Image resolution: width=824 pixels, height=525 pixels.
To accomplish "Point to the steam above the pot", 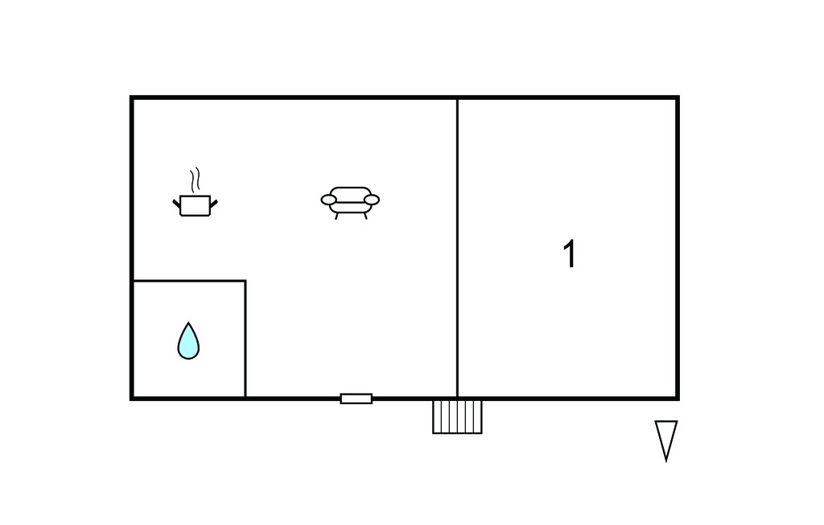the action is (x=196, y=180).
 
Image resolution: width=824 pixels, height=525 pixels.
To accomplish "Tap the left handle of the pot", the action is (x=176, y=203).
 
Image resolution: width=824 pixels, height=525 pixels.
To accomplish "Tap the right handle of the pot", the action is (x=214, y=203).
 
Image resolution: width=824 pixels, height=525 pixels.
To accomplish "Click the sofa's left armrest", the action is (x=329, y=200).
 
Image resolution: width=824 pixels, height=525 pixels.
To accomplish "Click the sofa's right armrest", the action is (x=372, y=200).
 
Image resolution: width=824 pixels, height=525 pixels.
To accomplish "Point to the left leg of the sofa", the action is (x=337, y=216).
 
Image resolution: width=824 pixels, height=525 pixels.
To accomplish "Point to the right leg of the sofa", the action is (x=365, y=216).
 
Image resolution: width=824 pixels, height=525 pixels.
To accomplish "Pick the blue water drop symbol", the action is (x=188, y=342).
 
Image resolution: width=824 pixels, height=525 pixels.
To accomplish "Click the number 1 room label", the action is (x=570, y=254).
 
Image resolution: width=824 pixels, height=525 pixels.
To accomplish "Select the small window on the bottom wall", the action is (x=356, y=399).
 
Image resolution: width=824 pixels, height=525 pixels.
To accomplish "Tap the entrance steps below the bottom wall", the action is (x=457, y=416).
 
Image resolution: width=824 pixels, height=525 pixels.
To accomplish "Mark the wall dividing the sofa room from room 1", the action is (x=457, y=248).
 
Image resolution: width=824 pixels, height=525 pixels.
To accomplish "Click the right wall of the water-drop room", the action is (x=245, y=339).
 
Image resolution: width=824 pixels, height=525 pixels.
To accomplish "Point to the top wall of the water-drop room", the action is (x=189, y=281).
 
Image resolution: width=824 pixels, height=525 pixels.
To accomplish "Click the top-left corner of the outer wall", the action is (x=131, y=97).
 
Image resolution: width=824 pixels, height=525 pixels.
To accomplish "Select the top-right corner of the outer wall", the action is (x=678, y=97).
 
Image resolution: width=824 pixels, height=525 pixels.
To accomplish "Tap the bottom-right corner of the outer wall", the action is (x=678, y=399).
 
